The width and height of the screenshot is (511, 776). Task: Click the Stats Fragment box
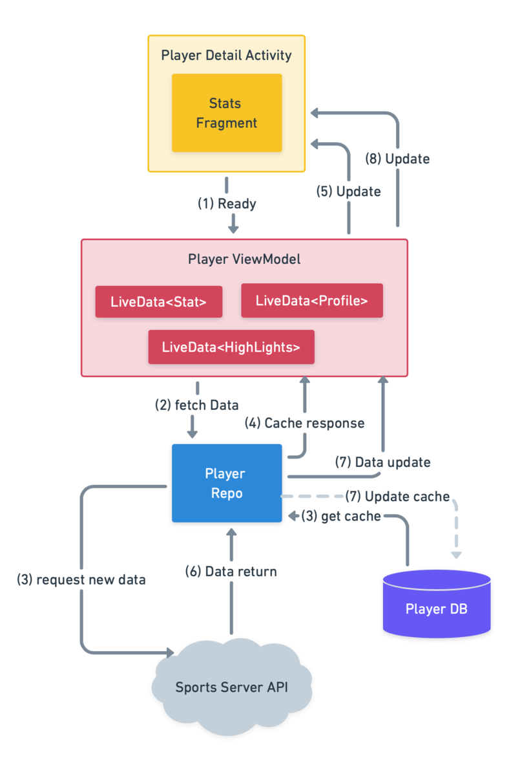[x=227, y=113]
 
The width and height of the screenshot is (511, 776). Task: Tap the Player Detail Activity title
[x=226, y=55]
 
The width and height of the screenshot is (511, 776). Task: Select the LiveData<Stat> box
[x=158, y=301]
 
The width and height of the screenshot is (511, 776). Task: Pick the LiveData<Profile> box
[x=311, y=301]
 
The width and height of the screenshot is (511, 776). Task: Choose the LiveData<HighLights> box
[x=231, y=347]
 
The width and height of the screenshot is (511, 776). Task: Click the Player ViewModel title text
[x=244, y=259]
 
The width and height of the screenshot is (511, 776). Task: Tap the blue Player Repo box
[x=226, y=483]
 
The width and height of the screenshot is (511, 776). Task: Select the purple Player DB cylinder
[x=436, y=605]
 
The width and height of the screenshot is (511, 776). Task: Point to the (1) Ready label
[x=227, y=204]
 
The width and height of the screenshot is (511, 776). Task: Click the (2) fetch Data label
[x=196, y=405]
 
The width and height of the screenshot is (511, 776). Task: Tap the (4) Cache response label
[x=304, y=424]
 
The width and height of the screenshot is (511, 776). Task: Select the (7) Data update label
[x=382, y=462]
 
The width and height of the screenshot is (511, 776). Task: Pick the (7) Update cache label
[x=397, y=497]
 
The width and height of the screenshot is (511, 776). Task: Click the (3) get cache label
[x=341, y=517]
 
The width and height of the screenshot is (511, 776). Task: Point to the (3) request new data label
[x=81, y=580]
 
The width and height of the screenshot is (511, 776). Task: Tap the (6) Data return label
[x=231, y=572]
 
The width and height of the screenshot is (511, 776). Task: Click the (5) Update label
[x=348, y=191]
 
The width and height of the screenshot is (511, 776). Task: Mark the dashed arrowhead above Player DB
[x=456, y=554]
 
